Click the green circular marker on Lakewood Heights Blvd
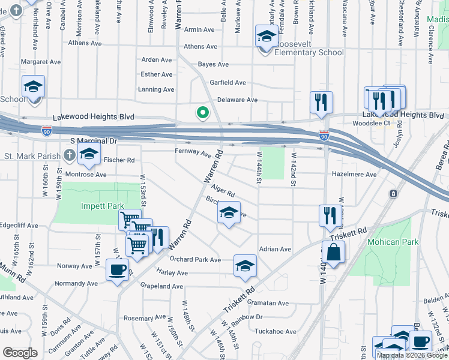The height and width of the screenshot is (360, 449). [x=203, y=112]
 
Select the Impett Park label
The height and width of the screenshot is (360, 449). [x=103, y=206]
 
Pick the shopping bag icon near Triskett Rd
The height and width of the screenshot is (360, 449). [x=333, y=252]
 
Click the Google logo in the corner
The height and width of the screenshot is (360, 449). [x=20, y=353]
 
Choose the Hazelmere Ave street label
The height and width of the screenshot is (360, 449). [x=354, y=174]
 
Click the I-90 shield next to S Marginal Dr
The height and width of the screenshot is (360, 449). [x=47, y=130]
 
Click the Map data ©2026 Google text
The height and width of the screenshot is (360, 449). [x=412, y=355]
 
